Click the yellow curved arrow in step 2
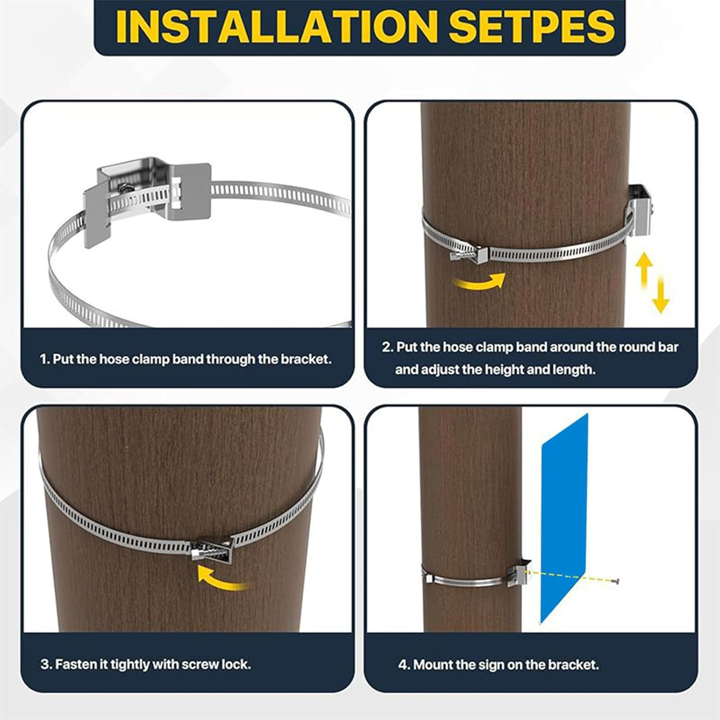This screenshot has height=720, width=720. tap(480, 282)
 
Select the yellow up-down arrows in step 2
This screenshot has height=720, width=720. tap(653, 283)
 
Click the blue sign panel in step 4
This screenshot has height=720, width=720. tap(564, 518)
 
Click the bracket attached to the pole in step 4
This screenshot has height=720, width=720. tap(520, 571)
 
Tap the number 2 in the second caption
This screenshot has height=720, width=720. tap(386, 347)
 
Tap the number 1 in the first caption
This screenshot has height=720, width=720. tap(43, 359)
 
